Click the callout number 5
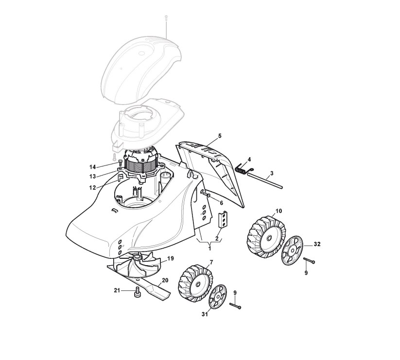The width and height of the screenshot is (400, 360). pos(220,136)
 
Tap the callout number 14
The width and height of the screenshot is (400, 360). pos(92,167)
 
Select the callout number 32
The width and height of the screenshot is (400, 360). pos(317,244)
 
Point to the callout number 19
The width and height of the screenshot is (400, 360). pos(171,258)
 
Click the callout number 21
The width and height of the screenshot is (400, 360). pos(117,290)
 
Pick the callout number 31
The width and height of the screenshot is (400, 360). pos(205,315)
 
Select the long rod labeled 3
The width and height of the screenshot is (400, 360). pos(265,181)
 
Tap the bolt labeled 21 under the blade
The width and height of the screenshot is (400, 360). pos(138,292)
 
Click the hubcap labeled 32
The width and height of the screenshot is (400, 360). pos(292,251)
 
